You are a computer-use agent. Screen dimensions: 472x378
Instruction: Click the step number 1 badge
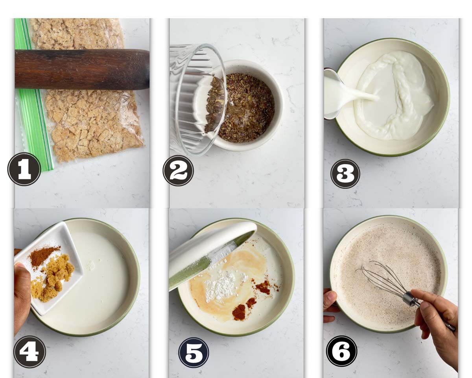click(x=24, y=169)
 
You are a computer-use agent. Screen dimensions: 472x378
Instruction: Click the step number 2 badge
click(x=178, y=170)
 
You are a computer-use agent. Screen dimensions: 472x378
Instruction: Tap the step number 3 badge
click(x=345, y=174)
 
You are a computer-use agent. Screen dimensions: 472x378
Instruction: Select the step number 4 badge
click(x=29, y=352)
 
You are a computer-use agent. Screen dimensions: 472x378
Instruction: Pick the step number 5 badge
click(x=194, y=352)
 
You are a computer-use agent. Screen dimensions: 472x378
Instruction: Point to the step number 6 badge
click(x=341, y=351)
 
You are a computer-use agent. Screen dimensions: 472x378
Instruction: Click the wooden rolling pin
click(x=82, y=69)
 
